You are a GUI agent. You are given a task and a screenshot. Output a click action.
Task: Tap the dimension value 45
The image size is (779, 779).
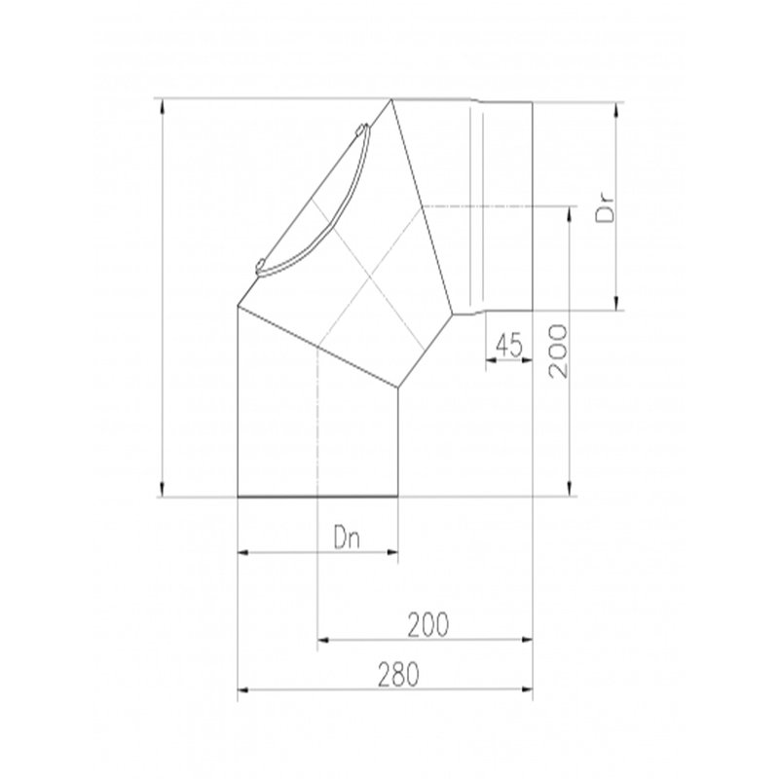509,343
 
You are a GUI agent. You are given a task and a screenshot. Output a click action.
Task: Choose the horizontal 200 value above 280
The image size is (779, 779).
428,625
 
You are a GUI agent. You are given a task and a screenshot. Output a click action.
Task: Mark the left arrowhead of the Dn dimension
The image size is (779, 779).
243,554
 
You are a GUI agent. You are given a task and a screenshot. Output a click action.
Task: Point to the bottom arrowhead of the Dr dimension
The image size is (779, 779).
615,306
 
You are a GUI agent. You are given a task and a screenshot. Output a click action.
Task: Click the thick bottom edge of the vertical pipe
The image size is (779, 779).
318,498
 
